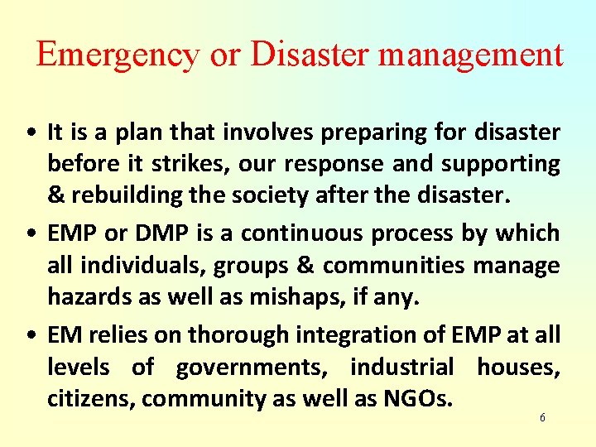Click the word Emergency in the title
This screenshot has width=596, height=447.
(118, 55)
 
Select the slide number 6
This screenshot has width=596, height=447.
(542, 418)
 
